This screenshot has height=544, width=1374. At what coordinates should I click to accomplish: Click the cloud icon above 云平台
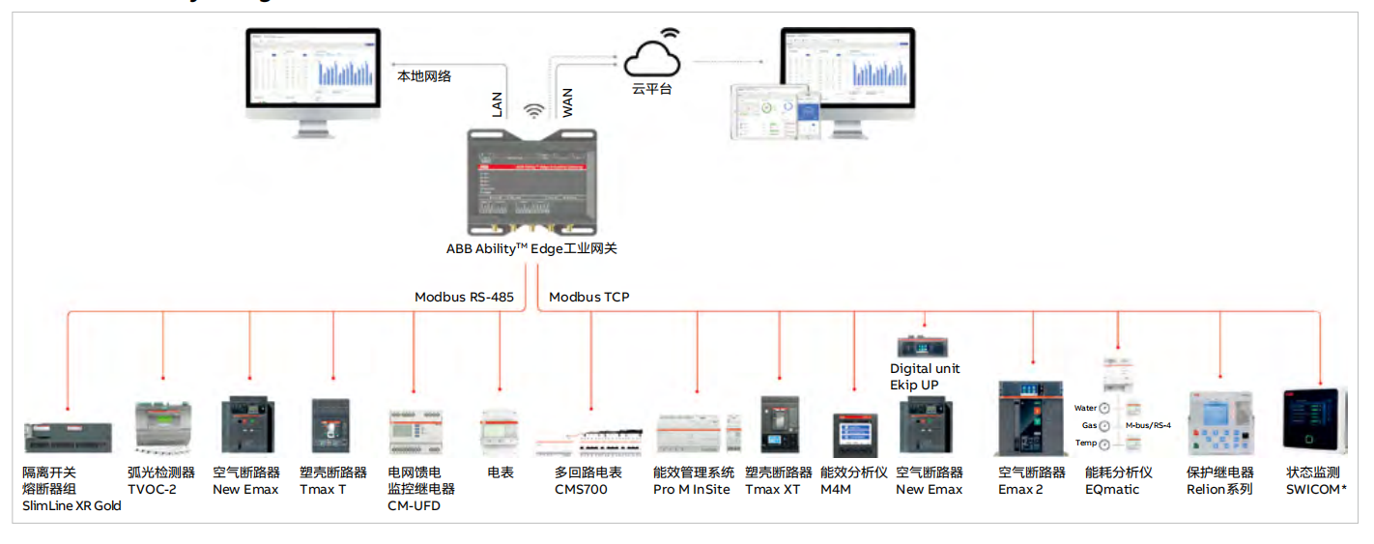click(652, 57)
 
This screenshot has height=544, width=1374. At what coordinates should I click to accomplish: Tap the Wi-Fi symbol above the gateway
click(533, 111)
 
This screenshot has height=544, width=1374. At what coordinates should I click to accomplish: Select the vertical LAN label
click(498, 102)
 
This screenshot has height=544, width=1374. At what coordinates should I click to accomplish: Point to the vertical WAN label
click(567, 102)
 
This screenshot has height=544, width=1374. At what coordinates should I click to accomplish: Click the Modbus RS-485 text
click(464, 297)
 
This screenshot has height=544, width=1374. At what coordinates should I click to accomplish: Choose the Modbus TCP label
click(589, 297)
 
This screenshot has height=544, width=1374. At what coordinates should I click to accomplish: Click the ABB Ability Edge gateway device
click(532, 181)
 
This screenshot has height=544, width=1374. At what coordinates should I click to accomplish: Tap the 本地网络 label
click(424, 75)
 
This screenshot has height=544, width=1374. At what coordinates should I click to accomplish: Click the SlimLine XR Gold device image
click(68, 437)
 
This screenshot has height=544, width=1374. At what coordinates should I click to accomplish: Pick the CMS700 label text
click(581, 489)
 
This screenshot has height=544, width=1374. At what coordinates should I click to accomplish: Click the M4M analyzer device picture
click(853, 435)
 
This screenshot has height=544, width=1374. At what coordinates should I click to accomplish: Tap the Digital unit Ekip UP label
click(925, 377)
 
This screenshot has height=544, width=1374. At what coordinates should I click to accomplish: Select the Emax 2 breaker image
click(1032, 418)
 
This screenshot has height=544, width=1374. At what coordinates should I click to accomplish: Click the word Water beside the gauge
click(1085, 408)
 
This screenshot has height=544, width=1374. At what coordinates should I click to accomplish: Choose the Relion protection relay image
click(1220, 423)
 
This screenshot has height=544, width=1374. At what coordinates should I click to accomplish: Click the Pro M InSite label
click(692, 489)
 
